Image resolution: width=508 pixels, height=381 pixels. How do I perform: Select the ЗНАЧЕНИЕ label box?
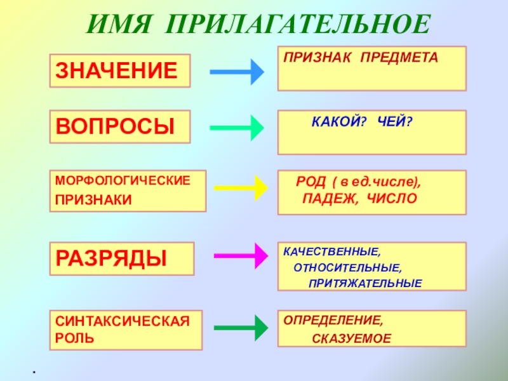119,70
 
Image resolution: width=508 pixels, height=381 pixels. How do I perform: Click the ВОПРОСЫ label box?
119,126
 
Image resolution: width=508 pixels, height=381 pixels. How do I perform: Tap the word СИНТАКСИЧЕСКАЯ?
123,321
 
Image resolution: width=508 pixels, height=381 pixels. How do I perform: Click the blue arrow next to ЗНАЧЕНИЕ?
236,72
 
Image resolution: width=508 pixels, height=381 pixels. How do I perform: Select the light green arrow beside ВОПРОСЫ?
236,128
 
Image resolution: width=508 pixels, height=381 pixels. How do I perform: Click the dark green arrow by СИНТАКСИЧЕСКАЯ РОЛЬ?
239,328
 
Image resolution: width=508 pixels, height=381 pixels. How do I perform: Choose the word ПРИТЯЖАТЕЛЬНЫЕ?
365,283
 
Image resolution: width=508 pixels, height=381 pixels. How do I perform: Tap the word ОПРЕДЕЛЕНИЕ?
333,321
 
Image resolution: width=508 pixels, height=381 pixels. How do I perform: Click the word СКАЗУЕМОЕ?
352,338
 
